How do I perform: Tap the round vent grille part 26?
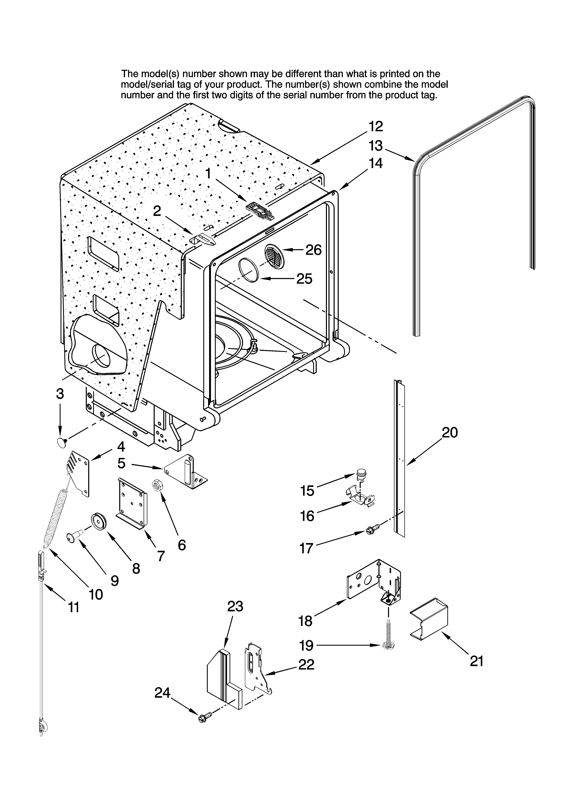274,257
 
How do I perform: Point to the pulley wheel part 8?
98,522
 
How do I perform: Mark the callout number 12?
376,126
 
